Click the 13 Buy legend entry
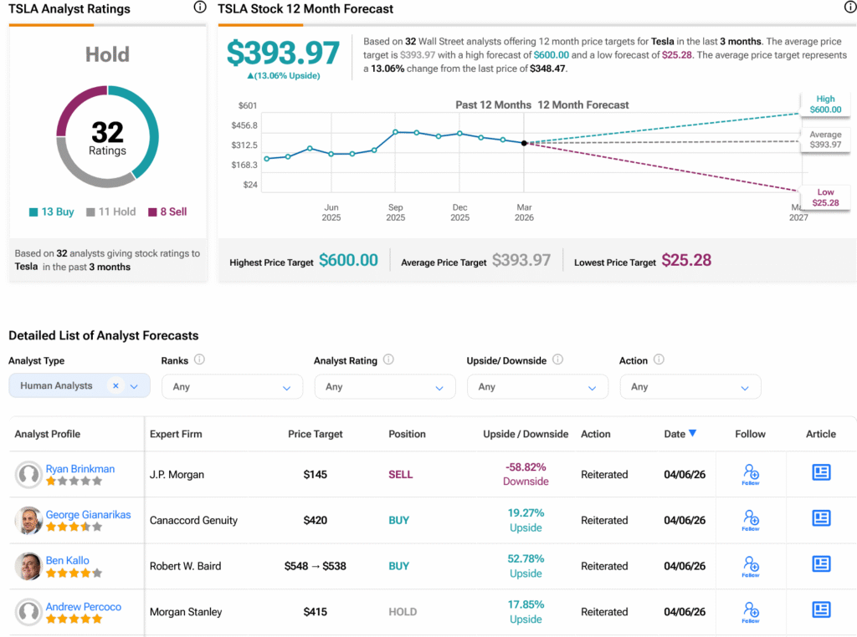pos(51,212)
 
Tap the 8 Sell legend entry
pos(167,212)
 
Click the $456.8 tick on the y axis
pos(244,125)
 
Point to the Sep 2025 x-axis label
pos(395,212)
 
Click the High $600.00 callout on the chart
pos(825,104)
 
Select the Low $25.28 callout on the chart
pos(825,197)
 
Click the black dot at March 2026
pos(524,143)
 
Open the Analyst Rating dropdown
pos(385,387)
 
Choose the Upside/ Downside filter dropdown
pos(537,387)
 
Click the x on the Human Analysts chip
pos(115,385)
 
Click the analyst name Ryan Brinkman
pos(80,469)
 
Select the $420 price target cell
pos(316,520)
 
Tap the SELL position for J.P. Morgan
pos(401,475)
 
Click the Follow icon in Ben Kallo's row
pos(750,566)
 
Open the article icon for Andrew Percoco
pos(821,610)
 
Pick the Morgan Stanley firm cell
pos(186,612)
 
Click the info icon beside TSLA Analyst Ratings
pos(199,8)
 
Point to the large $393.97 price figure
pos(283,53)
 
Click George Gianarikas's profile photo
pos(28,520)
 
